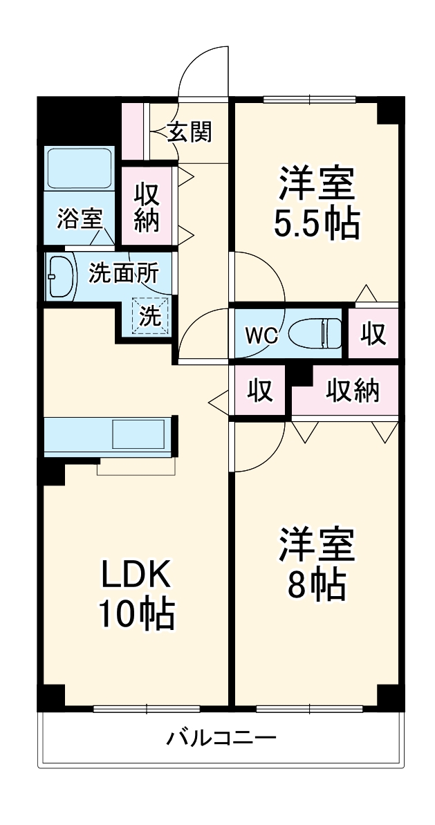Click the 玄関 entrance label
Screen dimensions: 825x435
tap(189, 131)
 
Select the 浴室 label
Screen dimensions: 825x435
tap(80, 219)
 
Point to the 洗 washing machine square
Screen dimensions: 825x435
tap(151, 315)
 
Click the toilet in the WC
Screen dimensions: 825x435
tap(315, 334)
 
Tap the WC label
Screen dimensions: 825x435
tap(261, 336)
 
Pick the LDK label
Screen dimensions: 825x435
tap(136, 573)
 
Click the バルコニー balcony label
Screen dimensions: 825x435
tap(221, 739)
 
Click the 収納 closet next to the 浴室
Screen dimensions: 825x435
tap(147, 206)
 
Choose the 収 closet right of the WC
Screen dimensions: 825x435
tap(373, 335)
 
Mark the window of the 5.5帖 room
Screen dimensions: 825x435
tap(309, 99)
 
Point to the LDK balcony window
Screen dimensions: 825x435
tap(147, 707)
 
